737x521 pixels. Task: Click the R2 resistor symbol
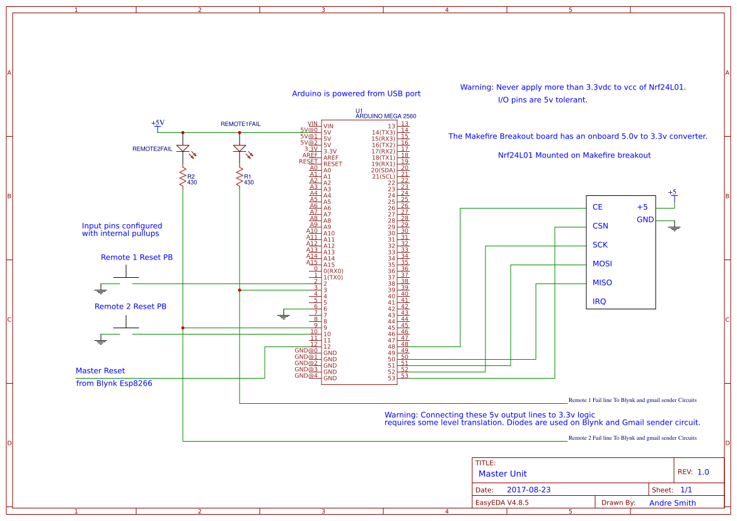(x=183, y=178)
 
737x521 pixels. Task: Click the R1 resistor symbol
(x=240, y=178)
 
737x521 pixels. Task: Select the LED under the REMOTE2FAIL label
(x=183, y=149)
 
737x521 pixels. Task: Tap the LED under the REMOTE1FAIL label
(x=240, y=149)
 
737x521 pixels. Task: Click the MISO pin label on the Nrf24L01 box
(x=602, y=282)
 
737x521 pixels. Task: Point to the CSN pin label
(x=600, y=226)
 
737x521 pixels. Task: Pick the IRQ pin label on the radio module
(x=599, y=301)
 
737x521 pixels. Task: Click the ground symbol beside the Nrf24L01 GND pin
(x=675, y=227)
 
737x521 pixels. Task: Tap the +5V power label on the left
(x=158, y=123)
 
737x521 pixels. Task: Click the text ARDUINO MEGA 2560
(x=385, y=117)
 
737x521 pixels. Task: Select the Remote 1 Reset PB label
(x=137, y=257)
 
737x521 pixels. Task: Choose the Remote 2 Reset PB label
(x=131, y=306)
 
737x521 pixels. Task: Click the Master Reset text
(x=100, y=370)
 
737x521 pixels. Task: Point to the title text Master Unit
(x=502, y=474)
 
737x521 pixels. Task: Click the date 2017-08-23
(x=528, y=490)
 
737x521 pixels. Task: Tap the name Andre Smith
(x=672, y=503)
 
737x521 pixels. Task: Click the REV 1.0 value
(x=703, y=472)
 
